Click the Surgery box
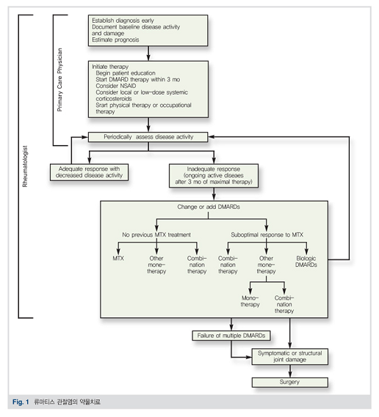(x=289, y=382)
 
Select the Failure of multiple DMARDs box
(x=231, y=336)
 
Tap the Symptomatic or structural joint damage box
(x=289, y=356)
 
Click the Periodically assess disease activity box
(x=148, y=137)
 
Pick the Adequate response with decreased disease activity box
(x=89, y=172)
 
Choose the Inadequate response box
(x=214, y=176)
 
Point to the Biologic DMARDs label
(x=306, y=262)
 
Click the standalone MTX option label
(x=118, y=258)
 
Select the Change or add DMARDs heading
(x=209, y=207)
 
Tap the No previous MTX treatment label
(x=156, y=235)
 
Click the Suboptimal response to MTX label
(x=267, y=235)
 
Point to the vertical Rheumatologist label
(x=25, y=166)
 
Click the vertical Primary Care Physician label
(x=59, y=80)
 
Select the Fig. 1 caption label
(x=21, y=402)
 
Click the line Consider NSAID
(x=115, y=86)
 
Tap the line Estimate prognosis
(x=115, y=40)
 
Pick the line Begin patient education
(x=126, y=73)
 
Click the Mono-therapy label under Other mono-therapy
(x=250, y=301)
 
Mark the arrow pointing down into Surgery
(x=290, y=371)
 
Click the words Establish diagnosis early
(x=123, y=21)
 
